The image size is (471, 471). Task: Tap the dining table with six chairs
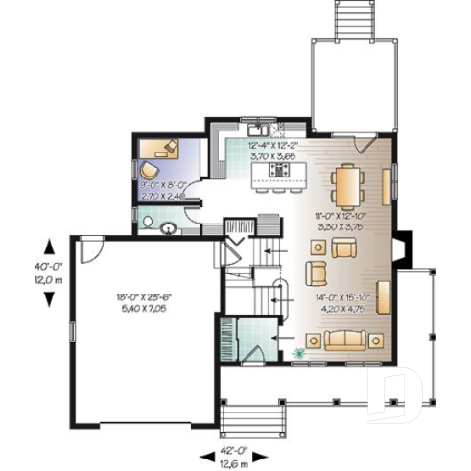345,181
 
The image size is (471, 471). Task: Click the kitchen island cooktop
279,170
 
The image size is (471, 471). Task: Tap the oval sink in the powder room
168,228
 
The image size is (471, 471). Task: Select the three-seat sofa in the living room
345,340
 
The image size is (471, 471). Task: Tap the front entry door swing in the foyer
253,357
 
